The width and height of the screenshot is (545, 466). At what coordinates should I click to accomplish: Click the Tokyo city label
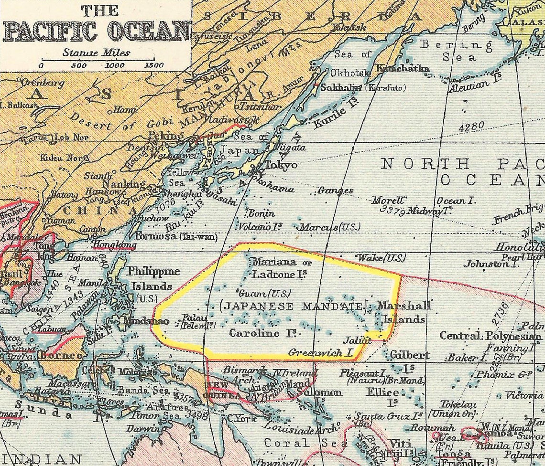pos(281,165)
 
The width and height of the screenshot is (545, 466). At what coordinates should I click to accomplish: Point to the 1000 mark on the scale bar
pos(115,65)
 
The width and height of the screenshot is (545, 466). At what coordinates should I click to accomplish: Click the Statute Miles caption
pos(96,53)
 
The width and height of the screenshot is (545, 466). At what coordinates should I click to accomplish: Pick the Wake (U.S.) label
pos(381,258)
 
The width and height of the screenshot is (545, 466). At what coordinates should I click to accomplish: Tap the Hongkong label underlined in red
pos(114,245)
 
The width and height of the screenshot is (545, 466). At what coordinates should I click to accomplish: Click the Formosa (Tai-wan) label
pos(176,236)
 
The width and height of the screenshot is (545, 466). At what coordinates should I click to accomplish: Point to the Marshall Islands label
pos(404,312)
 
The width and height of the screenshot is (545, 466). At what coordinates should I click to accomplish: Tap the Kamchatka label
pos(403,69)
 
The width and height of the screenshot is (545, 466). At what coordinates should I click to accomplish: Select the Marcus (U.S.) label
pos(329,227)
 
